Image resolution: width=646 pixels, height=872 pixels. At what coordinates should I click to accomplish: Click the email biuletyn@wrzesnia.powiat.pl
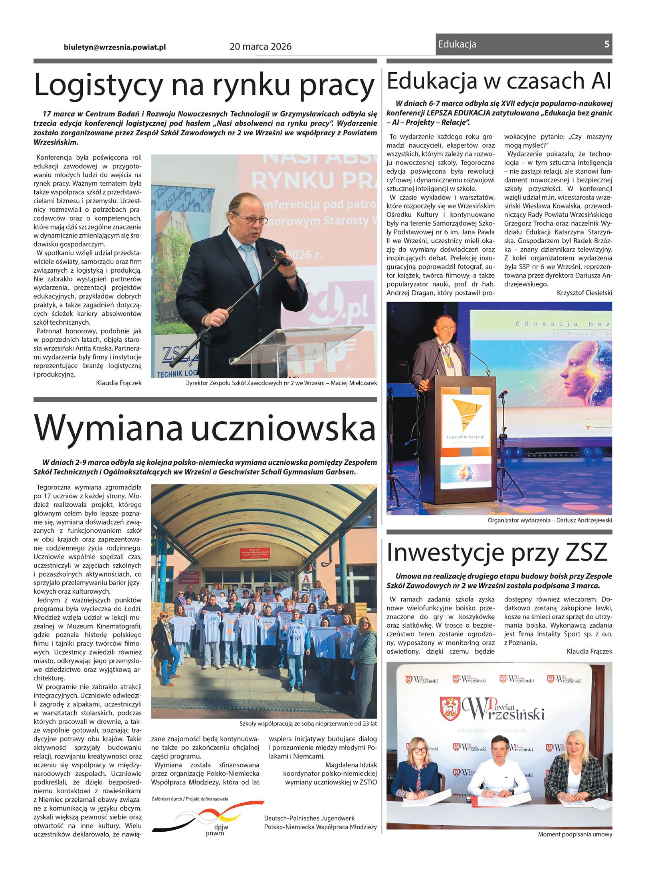115,47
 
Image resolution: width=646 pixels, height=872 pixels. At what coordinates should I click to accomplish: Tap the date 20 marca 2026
260,46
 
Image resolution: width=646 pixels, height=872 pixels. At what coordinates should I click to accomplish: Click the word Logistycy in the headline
98,85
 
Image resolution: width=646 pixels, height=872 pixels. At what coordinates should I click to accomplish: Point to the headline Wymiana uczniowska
205,428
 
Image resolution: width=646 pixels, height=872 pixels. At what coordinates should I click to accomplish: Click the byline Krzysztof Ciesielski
584,293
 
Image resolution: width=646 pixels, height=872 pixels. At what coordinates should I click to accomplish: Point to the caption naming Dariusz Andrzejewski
550,520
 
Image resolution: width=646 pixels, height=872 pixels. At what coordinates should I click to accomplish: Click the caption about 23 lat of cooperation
308,723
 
